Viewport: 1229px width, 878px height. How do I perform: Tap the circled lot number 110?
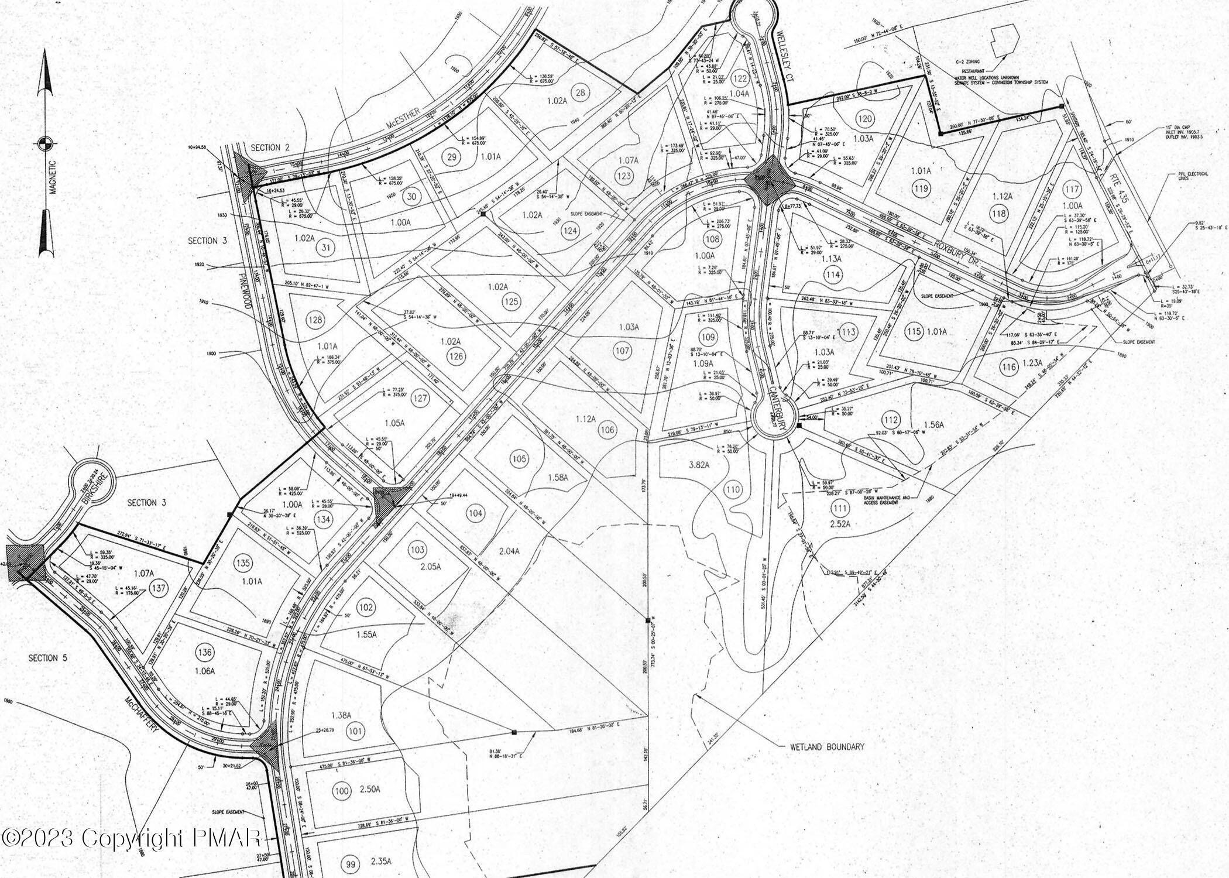click(732, 489)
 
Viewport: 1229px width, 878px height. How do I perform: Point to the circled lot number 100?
click(341, 791)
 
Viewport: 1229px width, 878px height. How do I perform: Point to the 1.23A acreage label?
click(1032, 364)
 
